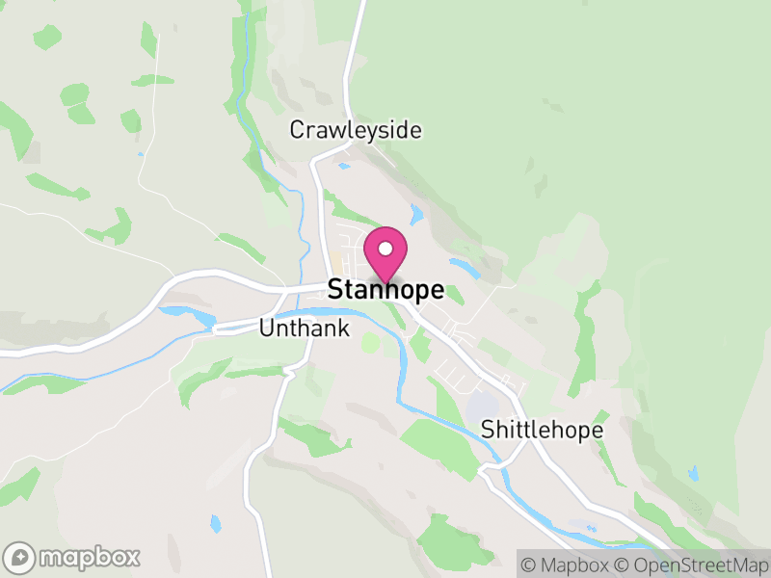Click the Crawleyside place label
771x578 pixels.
point(357,130)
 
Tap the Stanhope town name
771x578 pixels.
point(385,290)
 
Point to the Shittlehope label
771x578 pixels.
point(542,430)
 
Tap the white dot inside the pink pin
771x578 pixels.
point(385,249)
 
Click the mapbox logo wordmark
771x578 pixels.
point(90,557)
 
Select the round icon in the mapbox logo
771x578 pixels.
point(21,557)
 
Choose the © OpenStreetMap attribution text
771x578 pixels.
point(691,563)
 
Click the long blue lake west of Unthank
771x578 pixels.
point(189,314)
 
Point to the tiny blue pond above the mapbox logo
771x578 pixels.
point(215,523)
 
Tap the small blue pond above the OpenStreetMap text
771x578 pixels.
point(692,473)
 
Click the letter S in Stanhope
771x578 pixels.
point(336,290)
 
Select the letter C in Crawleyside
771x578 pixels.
point(298,130)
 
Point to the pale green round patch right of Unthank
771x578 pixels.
point(370,342)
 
